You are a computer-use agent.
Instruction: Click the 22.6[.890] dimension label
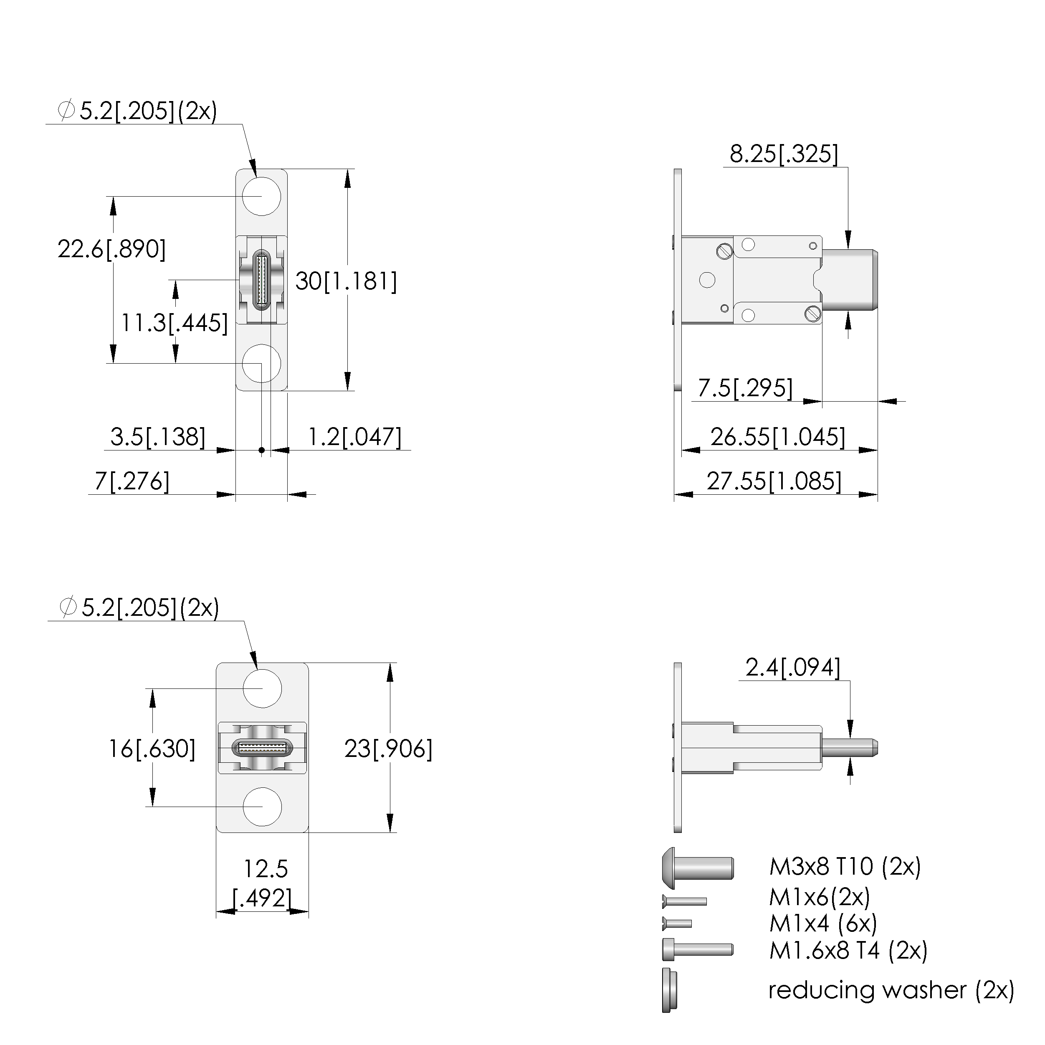pos(112,249)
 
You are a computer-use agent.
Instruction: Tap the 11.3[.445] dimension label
pos(174,323)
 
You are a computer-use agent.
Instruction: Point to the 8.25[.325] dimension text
pos(784,154)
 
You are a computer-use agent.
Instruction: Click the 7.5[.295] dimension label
pos(745,388)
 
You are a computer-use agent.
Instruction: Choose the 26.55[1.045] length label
pos(778,437)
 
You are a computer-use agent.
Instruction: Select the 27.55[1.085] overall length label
pos(774,481)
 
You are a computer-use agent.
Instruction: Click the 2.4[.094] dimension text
pos(793,668)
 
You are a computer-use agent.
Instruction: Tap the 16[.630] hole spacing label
pos(152,749)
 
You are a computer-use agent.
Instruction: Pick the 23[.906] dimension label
pos(388,749)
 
